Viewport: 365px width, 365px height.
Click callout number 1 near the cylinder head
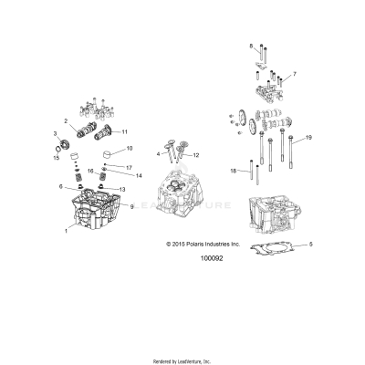(66, 232)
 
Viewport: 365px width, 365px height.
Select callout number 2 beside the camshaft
(66, 120)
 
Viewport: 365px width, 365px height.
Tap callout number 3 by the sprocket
(56, 133)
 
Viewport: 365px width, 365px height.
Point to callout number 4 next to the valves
(157, 154)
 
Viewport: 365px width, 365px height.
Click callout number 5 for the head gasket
(310, 245)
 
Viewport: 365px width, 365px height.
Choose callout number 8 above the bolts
(251, 45)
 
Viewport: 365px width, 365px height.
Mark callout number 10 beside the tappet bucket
(129, 148)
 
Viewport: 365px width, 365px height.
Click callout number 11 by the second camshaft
(124, 131)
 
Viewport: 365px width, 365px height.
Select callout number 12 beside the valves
(195, 156)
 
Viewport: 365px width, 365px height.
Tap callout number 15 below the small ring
(56, 159)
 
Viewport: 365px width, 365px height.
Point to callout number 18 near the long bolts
(233, 170)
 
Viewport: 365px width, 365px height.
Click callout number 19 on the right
(308, 137)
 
